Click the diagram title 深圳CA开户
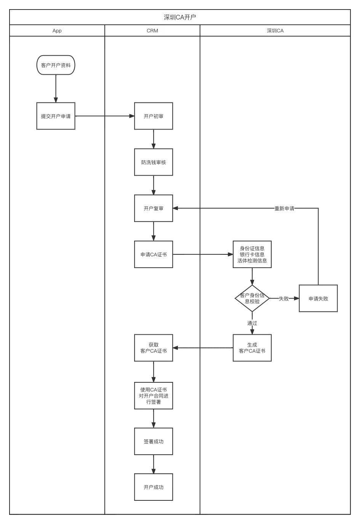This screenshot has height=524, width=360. (x=180, y=17)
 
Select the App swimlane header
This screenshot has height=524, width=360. (x=57, y=30)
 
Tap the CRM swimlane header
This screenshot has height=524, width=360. (x=152, y=30)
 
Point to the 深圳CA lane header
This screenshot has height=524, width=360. (x=275, y=30)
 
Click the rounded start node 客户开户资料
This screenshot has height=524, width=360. (x=56, y=65)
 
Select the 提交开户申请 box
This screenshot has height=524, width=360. (x=56, y=116)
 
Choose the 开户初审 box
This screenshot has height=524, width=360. (x=154, y=116)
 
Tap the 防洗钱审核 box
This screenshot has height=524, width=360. (x=154, y=162)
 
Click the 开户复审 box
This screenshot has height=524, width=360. (x=154, y=208)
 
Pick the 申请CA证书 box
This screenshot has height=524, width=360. (x=154, y=254)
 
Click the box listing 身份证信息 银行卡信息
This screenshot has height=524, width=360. (x=252, y=254)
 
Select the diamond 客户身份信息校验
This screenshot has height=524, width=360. (x=252, y=298)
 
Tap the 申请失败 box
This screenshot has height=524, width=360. (x=318, y=298)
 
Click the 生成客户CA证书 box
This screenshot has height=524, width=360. (x=252, y=348)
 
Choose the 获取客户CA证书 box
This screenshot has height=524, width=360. (x=154, y=348)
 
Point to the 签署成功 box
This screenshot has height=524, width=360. (x=154, y=441)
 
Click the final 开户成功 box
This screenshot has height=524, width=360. (x=154, y=487)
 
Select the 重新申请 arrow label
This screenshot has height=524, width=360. (x=284, y=208)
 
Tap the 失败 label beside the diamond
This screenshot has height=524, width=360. (x=283, y=299)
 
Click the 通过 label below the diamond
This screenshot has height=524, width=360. (x=252, y=323)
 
